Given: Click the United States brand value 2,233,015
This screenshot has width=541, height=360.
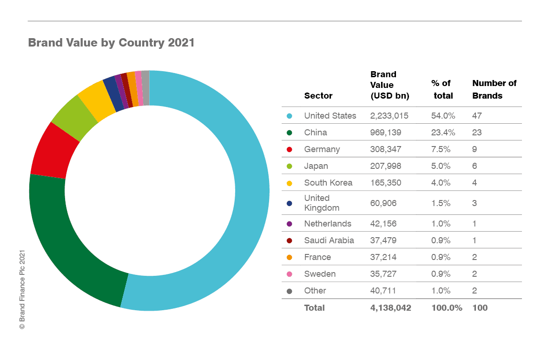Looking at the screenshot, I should (389, 116).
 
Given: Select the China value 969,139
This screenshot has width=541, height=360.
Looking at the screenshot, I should (386, 133).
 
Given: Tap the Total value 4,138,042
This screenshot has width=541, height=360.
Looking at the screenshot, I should (390, 308).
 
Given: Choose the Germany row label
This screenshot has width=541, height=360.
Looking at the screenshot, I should (322, 149).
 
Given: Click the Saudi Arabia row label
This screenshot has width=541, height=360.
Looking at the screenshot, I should (329, 240).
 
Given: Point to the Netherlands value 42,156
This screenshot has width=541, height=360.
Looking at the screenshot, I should (383, 224).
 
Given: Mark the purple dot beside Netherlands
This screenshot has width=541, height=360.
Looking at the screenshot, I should (290, 224).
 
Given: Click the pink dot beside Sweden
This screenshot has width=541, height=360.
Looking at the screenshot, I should (290, 274).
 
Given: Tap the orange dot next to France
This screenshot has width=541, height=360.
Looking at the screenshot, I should (290, 257).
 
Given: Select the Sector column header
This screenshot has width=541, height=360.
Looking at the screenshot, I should (318, 96).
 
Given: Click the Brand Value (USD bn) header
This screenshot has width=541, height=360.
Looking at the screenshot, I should (389, 85).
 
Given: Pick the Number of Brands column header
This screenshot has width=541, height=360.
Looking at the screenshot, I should (494, 89).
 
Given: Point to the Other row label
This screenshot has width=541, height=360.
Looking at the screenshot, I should (315, 291).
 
